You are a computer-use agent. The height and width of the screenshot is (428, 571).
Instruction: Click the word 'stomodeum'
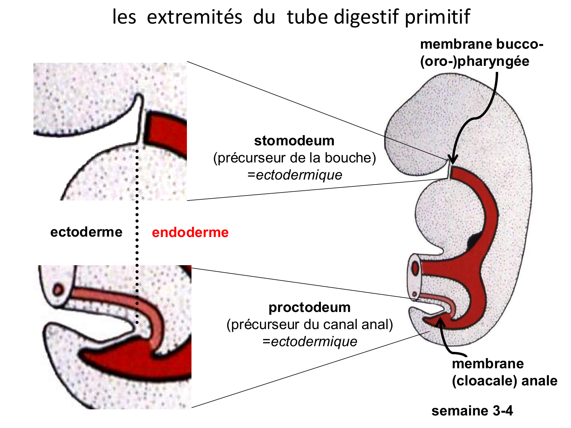pos(294,141)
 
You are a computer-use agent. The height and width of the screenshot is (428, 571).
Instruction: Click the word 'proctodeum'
pos(309,307)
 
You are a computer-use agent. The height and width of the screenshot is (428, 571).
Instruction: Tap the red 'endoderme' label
pos(190,232)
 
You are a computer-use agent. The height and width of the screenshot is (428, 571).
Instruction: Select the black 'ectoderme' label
pos(86,232)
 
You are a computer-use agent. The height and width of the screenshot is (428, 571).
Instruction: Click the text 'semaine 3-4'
pos(472,411)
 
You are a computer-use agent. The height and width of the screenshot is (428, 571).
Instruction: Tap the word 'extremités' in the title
pos(194,17)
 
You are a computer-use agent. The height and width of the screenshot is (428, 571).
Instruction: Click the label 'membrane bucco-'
pos(482,45)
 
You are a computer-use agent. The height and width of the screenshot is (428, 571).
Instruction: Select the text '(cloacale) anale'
pos(504,380)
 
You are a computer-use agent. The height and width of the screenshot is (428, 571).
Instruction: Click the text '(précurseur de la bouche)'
pos(294,158)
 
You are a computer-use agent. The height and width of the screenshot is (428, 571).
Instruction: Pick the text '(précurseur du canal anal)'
pos(309,325)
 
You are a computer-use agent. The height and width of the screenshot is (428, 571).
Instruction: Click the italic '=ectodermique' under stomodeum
pos(294,175)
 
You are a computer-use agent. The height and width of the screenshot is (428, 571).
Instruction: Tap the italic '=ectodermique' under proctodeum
pos(309,342)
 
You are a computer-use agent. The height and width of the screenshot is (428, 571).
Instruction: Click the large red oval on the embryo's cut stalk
pos(415,268)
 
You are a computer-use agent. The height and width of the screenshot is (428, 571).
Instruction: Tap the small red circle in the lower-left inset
pos(59,290)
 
